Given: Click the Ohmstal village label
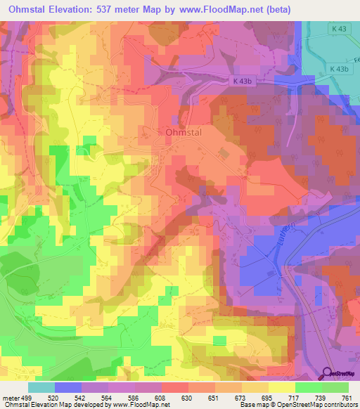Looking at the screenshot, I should pos(186,132).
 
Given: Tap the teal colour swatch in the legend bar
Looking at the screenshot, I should pos(41,387).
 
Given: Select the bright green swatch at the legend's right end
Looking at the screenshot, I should pos(335,387).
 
